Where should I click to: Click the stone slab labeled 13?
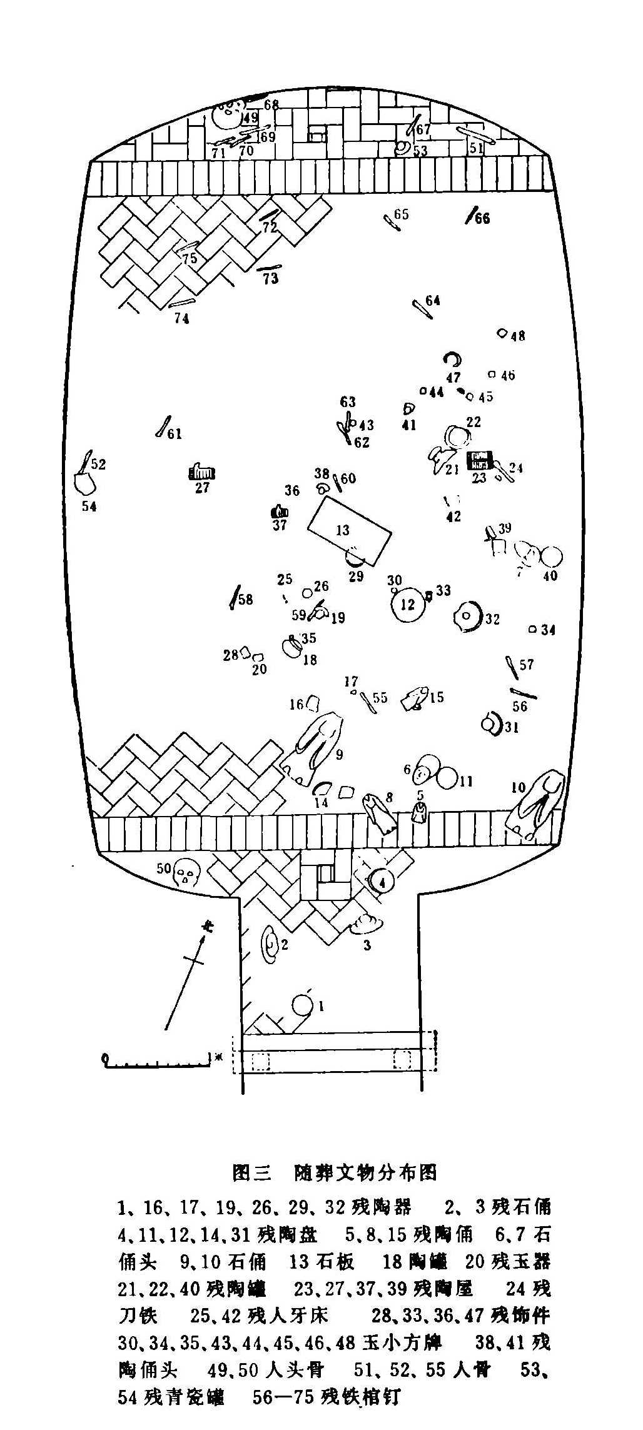click(x=349, y=531)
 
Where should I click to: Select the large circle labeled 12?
click(x=407, y=605)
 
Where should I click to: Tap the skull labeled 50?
click(x=186, y=871)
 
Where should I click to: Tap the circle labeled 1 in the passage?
click(x=302, y=1005)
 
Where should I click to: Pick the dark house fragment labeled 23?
click(x=480, y=460)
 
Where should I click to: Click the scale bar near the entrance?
click(x=156, y=1059)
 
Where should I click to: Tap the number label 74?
click(x=181, y=319)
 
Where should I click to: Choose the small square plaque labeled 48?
click(x=502, y=333)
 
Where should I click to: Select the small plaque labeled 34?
click(x=532, y=630)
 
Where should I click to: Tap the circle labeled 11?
click(x=448, y=777)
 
